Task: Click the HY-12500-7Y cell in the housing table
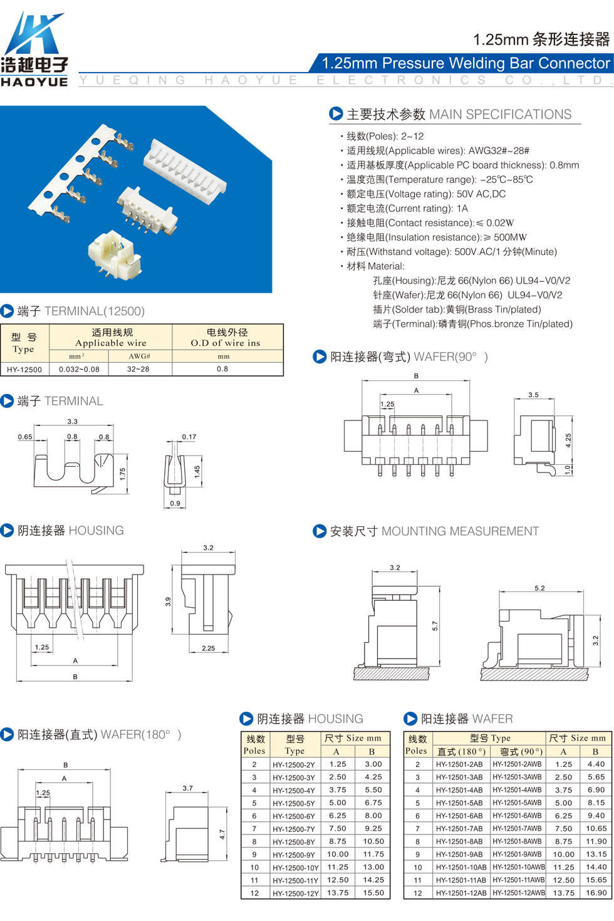tap(294, 829)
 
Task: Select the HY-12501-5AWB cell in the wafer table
tap(518, 803)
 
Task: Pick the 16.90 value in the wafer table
tap(596, 893)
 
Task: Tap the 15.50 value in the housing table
tap(373, 893)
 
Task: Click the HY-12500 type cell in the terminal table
tap(24, 369)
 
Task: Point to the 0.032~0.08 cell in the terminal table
tap(79, 369)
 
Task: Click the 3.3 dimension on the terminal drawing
tap(73, 422)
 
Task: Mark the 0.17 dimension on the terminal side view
tap(189, 437)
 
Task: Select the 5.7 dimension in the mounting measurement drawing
tap(435, 626)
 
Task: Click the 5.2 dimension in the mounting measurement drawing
tap(539, 588)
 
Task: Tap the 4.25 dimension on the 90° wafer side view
tap(568, 440)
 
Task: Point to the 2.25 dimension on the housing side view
tap(208, 648)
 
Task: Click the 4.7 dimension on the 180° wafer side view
tap(222, 835)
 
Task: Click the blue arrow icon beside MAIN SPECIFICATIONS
tap(336, 113)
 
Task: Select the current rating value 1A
tap(462, 209)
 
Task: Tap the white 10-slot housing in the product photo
tap(185, 171)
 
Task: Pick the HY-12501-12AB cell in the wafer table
tap(461, 893)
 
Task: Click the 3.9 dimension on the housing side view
tap(168, 601)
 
